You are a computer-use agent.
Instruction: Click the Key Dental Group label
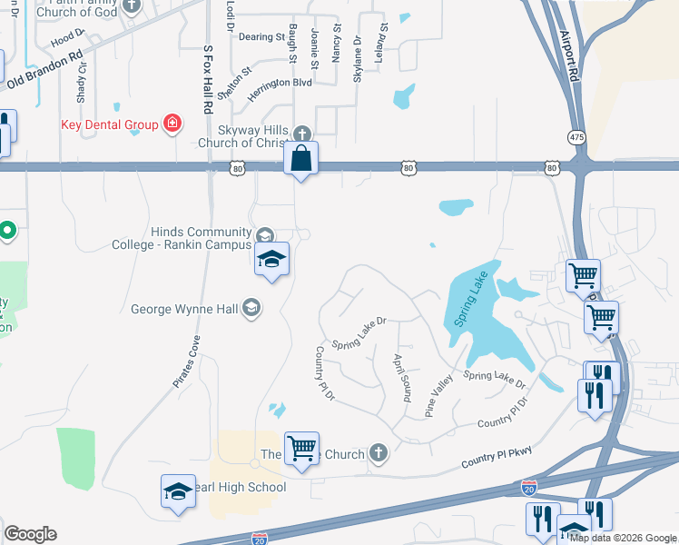(111, 124)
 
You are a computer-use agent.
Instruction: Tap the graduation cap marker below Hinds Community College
(271, 260)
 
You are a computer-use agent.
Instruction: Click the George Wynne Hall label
(185, 309)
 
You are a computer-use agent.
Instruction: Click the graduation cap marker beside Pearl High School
(178, 493)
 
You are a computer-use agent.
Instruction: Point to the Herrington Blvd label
(280, 83)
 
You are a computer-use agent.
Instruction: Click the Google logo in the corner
(30, 534)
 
